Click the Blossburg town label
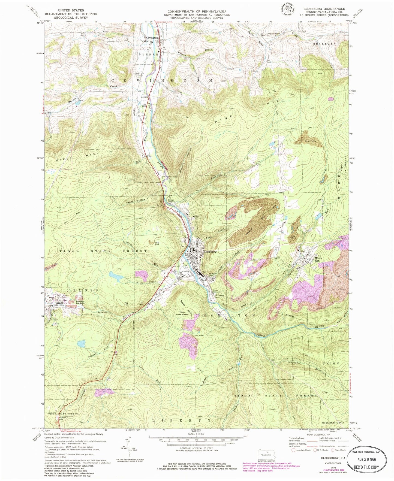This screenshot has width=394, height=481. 210,252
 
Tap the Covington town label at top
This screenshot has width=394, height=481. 152,38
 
